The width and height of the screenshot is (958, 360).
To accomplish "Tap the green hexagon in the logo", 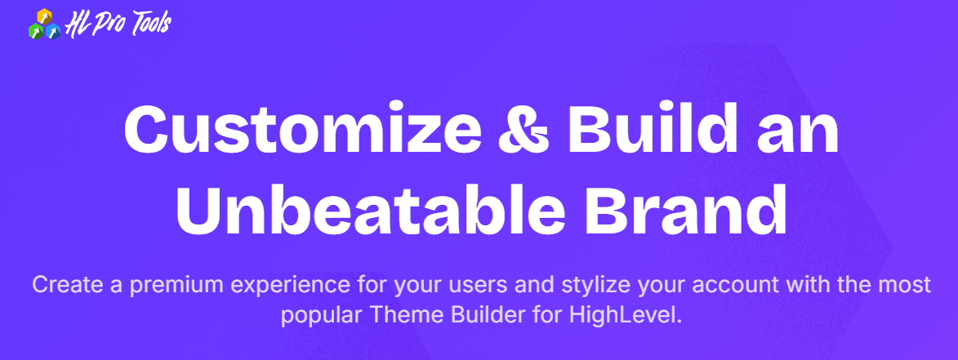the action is coord(36,30).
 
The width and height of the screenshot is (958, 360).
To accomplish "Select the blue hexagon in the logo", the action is coord(53,31).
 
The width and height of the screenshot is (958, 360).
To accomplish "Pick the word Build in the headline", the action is coord(652,129).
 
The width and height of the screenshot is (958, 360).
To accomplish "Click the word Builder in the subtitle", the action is coord(478,317).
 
